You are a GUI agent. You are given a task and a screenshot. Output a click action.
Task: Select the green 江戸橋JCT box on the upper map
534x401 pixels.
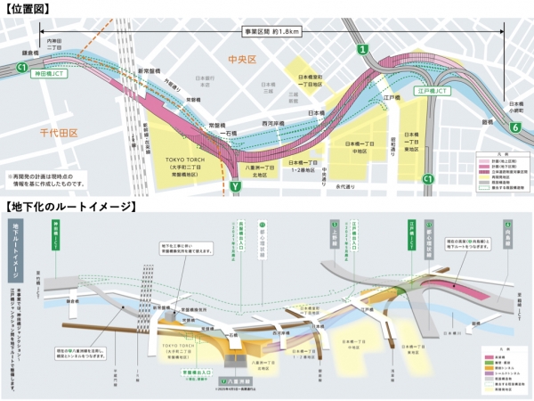tap(433, 91)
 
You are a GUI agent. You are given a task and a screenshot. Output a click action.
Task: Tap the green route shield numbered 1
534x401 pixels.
tap(362, 50)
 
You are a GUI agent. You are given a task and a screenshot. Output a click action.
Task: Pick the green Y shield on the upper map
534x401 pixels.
tap(235, 187)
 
